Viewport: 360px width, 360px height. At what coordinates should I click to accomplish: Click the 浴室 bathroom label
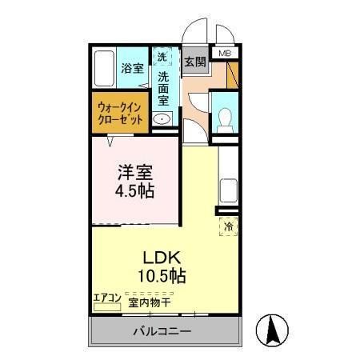point(133,69)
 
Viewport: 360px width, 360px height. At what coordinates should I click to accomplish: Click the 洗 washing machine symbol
point(162,58)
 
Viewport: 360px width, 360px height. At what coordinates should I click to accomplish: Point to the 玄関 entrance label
point(194,60)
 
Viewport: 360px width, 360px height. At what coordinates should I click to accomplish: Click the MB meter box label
point(226,54)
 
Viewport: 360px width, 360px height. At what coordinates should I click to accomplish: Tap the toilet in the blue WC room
point(225,117)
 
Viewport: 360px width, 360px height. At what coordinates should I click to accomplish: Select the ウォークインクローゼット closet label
point(121,111)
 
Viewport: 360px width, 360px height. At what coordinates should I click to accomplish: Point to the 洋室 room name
point(134,172)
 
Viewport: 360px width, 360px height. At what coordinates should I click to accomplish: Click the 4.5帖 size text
point(134,191)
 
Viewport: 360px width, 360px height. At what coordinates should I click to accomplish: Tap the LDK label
point(164,258)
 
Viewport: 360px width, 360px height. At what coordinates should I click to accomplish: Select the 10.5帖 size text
point(164,277)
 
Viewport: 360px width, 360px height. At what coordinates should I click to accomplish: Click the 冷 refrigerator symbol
point(227,226)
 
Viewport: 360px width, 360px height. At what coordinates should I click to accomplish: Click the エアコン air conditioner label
point(107,298)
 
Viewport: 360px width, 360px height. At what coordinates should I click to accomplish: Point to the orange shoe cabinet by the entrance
point(233,75)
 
